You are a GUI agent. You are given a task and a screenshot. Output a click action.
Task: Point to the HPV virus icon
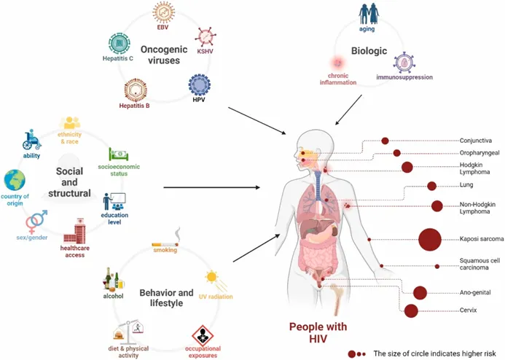(x=199, y=85)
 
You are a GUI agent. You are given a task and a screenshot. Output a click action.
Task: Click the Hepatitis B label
(x=135, y=106)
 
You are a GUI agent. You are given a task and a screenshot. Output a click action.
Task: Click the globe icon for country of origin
(x=15, y=181)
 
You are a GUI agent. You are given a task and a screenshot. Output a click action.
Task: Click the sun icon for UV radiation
(x=211, y=277)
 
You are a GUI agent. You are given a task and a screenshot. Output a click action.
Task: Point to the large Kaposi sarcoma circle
(x=429, y=238)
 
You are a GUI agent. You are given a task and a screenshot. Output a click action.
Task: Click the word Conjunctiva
(x=477, y=140)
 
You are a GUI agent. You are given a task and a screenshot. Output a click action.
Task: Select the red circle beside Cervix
(x=412, y=311)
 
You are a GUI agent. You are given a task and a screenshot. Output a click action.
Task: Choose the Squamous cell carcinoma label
(x=479, y=265)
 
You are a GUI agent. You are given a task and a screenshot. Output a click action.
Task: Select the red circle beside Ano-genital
(x=420, y=293)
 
